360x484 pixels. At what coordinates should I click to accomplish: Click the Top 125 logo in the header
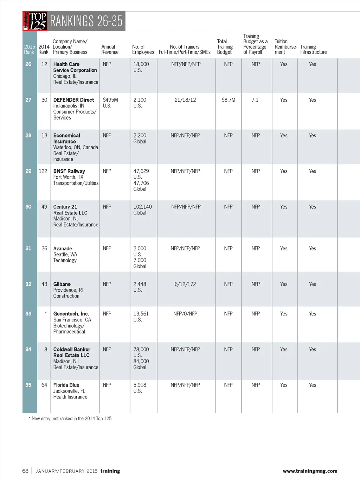[x=35, y=21]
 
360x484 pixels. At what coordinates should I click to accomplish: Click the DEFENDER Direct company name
[x=73, y=100]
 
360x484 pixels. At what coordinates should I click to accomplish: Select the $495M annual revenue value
[x=110, y=100]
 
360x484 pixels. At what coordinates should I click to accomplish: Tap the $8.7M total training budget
[x=229, y=100]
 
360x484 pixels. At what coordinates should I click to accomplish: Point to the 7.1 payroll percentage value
[x=255, y=100]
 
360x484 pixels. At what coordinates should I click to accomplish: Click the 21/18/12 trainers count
[x=185, y=100]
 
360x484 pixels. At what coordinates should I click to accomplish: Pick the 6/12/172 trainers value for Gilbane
[x=185, y=284]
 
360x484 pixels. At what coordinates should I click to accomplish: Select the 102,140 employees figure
[x=142, y=207]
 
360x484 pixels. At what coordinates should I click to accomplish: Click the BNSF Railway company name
[x=69, y=171]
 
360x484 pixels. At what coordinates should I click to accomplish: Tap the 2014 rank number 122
[x=43, y=171]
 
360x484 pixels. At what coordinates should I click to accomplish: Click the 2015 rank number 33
[x=28, y=314]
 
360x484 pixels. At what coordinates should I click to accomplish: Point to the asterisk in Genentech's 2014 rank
[x=46, y=313]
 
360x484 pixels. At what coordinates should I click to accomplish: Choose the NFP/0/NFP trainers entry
[x=185, y=314]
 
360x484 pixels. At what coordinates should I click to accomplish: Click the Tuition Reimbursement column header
[x=285, y=47]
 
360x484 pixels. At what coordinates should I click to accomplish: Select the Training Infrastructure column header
[x=313, y=50]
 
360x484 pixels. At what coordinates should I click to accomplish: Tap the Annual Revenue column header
[x=110, y=50]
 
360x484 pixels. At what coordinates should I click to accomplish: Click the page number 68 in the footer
[x=25, y=471]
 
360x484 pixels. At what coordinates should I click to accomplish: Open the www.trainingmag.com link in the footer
[x=310, y=471]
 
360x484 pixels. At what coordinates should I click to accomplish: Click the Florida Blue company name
[x=66, y=385]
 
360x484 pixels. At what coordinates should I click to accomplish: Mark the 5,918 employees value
[x=140, y=385]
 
